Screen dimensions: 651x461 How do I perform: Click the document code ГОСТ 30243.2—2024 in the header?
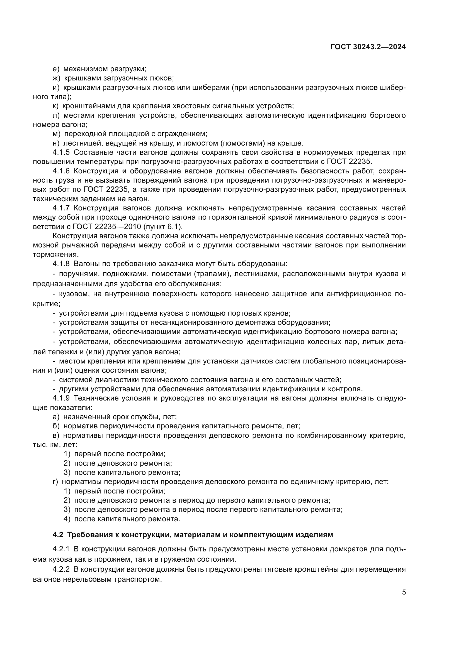pos(368,47)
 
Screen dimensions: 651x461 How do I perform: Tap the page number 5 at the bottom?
pos(404,592)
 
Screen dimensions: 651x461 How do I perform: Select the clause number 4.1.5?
pos(61,153)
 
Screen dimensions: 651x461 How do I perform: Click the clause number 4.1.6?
pos(61,171)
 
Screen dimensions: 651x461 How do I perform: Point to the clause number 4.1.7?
pos(61,208)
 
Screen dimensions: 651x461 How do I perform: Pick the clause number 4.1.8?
pos(61,264)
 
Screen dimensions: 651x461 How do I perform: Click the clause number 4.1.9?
pos(61,398)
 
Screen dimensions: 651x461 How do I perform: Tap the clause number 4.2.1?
pos(61,549)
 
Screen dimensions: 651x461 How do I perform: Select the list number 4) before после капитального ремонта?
pos(67,519)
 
